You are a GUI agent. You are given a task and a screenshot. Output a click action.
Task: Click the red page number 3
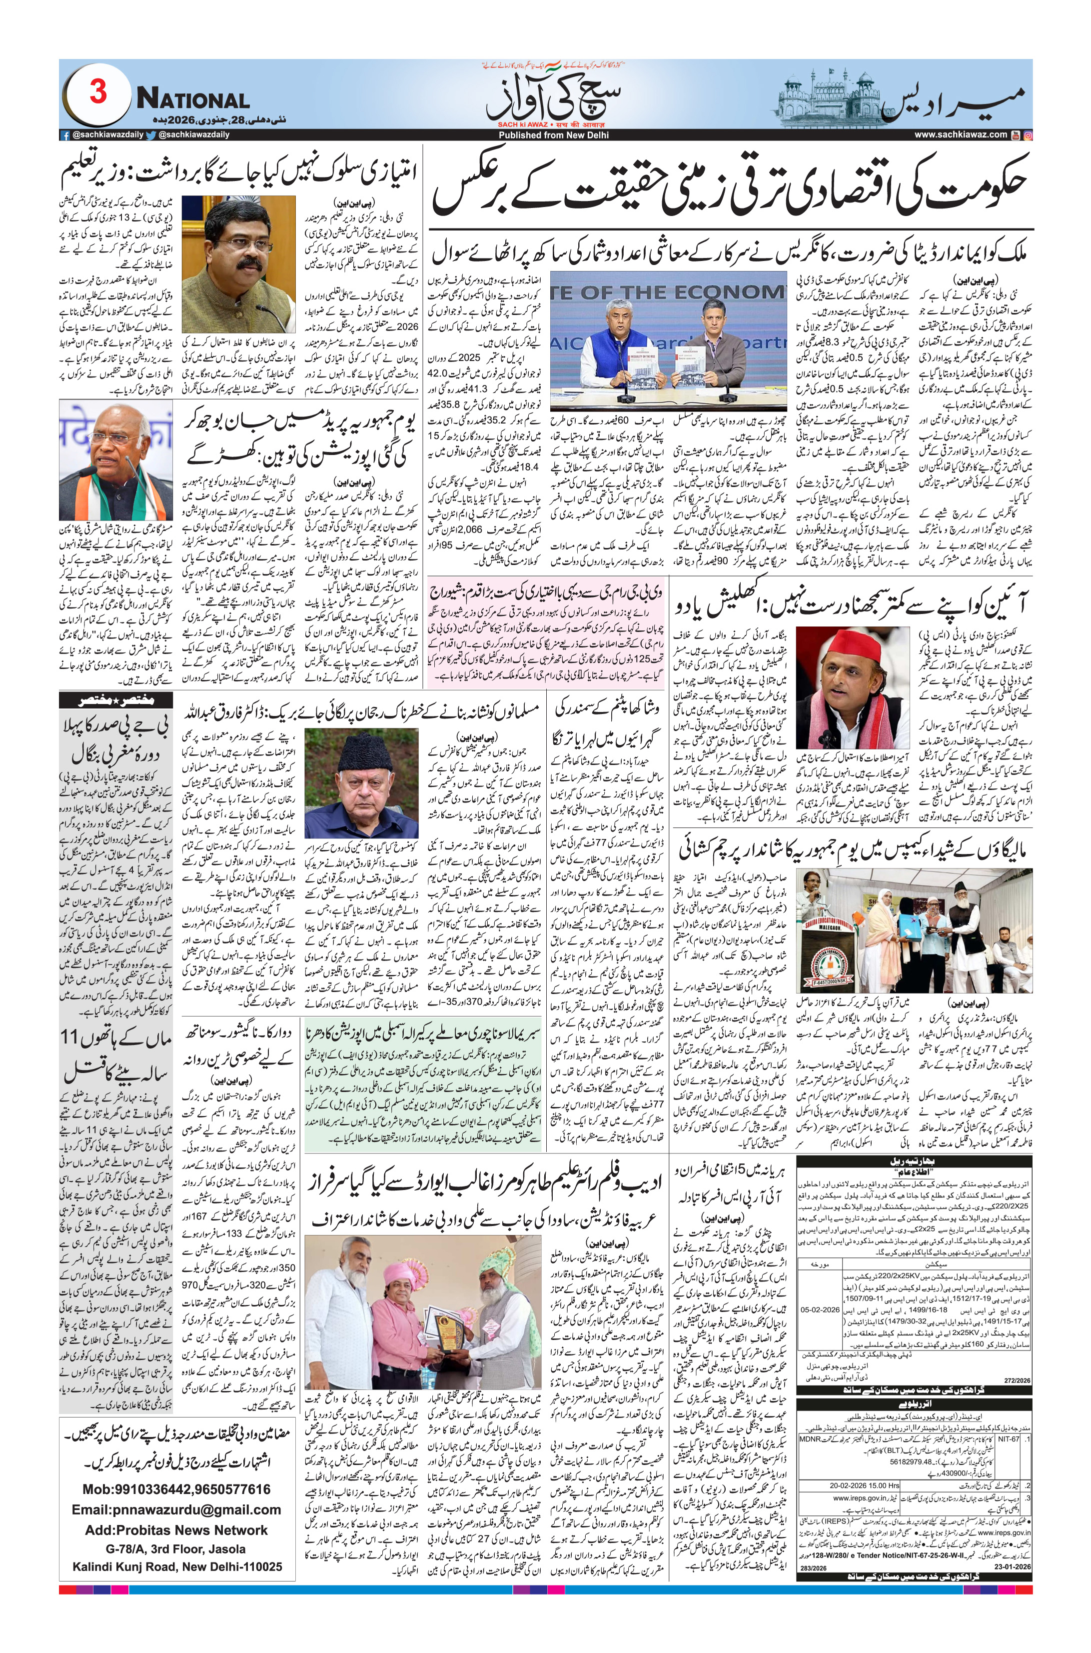click(x=98, y=92)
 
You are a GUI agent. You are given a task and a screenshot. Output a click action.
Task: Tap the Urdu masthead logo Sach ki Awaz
click(x=544, y=97)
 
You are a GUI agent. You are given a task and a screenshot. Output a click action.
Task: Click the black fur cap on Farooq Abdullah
click(x=362, y=751)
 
